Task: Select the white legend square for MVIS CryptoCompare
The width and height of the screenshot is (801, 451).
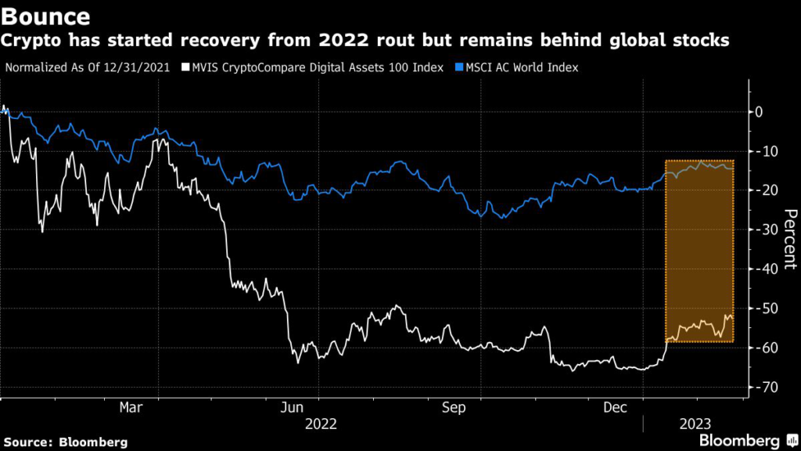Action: click(185, 67)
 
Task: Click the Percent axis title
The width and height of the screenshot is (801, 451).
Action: click(790, 239)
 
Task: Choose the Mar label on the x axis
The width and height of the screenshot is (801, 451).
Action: click(131, 407)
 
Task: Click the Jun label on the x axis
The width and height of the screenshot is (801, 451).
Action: click(293, 407)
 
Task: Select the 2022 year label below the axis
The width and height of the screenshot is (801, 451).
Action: click(321, 424)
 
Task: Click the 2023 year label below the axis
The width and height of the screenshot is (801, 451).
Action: click(693, 424)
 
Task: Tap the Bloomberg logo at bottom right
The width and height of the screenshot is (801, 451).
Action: click(740, 440)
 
